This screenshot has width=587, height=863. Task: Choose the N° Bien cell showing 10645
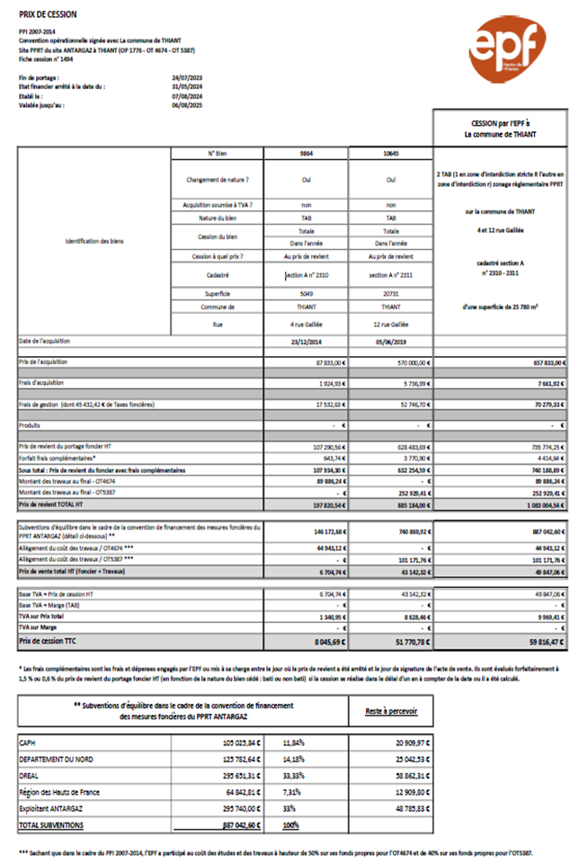[x=390, y=154]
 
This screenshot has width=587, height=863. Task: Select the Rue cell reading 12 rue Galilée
[x=390, y=324]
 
